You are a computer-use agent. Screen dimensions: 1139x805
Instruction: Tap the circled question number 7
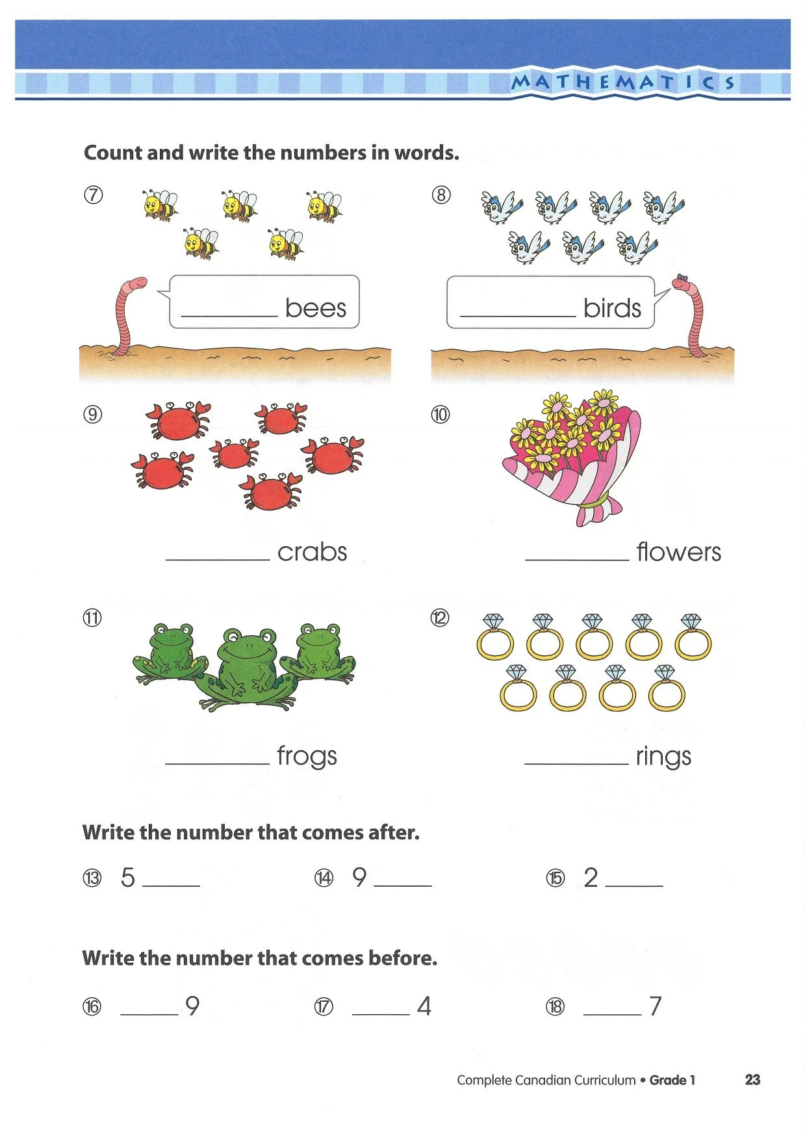pyautogui.click(x=93, y=194)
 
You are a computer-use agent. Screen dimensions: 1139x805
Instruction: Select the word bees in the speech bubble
pyautogui.click(x=316, y=308)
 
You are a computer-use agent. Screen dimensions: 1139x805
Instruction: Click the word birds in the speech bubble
pyautogui.click(x=612, y=308)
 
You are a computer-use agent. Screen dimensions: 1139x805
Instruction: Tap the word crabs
pyautogui.click(x=312, y=552)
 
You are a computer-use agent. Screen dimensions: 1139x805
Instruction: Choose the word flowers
pyautogui.click(x=678, y=552)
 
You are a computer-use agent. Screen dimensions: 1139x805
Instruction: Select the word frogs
pyautogui.click(x=307, y=756)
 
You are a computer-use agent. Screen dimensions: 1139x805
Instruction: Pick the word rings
pyautogui.click(x=663, y=756)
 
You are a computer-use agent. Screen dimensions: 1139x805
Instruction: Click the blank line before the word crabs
pyautogui.click(x=218, y=559)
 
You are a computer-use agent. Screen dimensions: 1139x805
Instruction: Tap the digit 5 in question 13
pyautogui.click(x=128, y=877)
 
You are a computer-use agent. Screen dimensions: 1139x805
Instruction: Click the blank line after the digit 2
pyautogui.click(x=633, y=885)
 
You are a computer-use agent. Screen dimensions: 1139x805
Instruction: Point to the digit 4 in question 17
pyautogui.click(x=424, y=1006)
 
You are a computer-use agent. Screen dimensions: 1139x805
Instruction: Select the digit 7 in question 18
pyautogui.click(x=656, y=1006)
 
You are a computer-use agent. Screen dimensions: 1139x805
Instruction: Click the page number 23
pyautogui.click(x=752, y=1080)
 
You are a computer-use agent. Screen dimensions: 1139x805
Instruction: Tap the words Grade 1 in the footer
pyautogui.click(x=672, y=1080)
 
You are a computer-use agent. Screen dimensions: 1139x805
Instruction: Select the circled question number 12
pyautogui.click(x=440, y=617)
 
